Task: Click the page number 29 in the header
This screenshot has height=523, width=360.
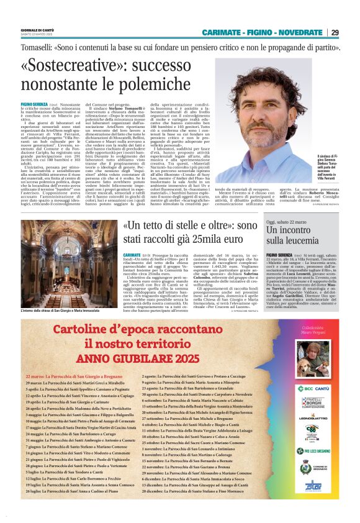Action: point(335,32)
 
